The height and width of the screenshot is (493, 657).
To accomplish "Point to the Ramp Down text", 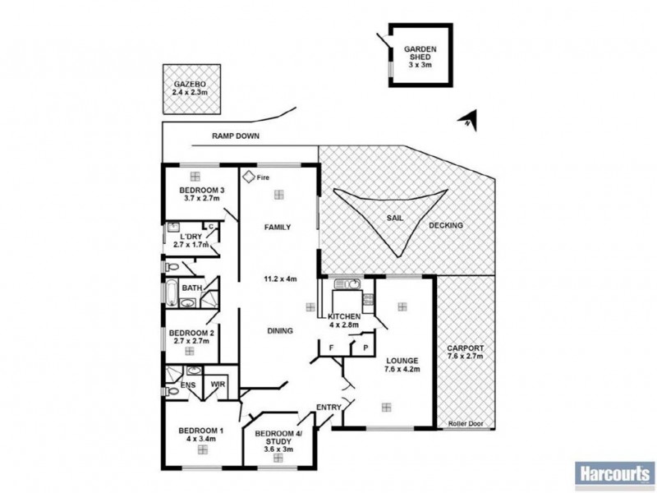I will click(236, 137).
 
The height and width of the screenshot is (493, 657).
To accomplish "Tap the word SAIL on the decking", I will click(395, 219).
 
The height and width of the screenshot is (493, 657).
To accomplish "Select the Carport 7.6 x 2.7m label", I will click(466, 353).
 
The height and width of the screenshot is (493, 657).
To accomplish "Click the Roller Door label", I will click(465, 424).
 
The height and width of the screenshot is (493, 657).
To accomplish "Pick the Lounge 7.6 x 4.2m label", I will click(401, 365).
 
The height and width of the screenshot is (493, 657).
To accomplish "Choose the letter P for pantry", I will click(362, 348).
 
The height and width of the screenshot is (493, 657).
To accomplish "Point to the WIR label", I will click(218, 382).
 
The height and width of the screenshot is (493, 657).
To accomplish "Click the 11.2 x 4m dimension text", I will click(279, 279).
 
